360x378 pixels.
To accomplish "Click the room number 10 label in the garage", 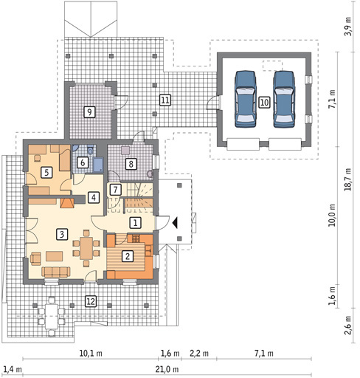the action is tap(264, 102).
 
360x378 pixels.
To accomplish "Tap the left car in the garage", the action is tap(245, 99).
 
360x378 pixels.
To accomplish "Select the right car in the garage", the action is tap(284, 99).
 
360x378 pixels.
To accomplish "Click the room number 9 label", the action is tap(89, 112).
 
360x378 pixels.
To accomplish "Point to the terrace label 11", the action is tap(165, 100).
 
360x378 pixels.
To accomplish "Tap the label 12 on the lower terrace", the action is tap(91, 301).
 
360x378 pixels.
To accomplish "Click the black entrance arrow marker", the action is tap(175, 223).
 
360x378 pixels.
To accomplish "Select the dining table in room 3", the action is tap(86, 248).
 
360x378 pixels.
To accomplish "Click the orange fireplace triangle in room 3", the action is tap(67, 203).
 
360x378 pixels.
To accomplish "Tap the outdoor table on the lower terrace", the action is tap(52, 316).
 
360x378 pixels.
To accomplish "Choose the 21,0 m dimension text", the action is tap(167, 369).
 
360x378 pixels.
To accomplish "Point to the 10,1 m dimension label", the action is tap(91, 354).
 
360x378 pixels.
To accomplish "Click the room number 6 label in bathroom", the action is tap(83, 162).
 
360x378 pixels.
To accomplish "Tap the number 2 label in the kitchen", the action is tap(128, 256).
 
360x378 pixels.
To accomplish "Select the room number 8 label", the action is tap(131, 164).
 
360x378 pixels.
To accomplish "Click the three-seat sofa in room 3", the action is tap(56, 272).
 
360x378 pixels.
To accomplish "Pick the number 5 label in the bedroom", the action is tap(46, 172).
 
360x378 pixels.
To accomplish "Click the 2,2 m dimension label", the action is tap(199, 354).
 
